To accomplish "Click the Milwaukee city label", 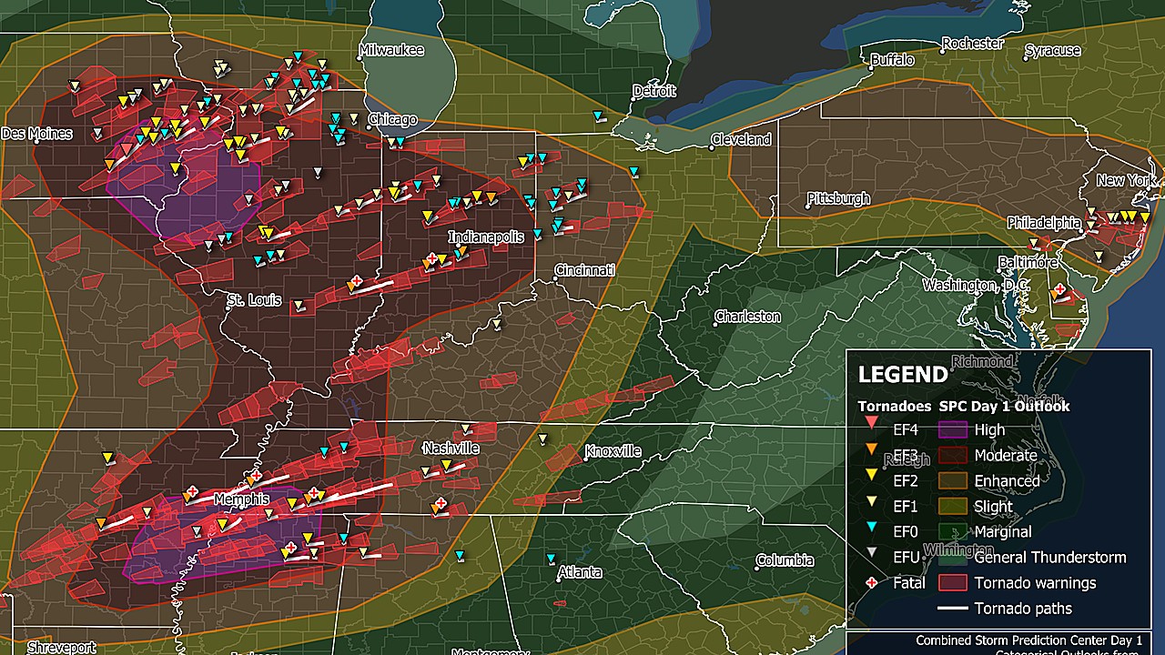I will [391, 51].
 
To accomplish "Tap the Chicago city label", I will [392, 120].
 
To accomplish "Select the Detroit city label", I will [655, 91].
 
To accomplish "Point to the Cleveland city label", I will [741, 140].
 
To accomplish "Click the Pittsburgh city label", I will [838, 198].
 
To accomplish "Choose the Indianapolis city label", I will [486, 237].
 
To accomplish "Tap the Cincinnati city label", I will [585, 270].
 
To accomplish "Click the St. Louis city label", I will [254, 300].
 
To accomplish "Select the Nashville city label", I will [451, 448].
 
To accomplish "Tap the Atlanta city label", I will [580, 572].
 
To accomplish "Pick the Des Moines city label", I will [36, 134].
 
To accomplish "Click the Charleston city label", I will [747, 317].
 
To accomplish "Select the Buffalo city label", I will [892, 60].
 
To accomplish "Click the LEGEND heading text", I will [903, 375].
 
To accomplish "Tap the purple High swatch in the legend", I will [952, 429].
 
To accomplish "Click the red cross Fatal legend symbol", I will [871, 583].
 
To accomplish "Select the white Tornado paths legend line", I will [952, 609].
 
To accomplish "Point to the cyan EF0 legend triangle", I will [871, 532].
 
